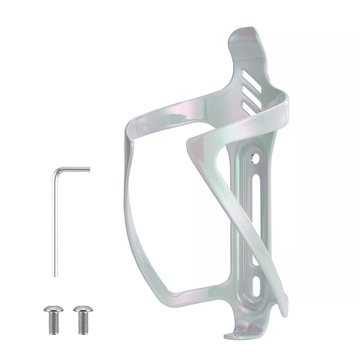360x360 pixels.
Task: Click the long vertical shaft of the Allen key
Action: pyautogui.click(x=55, y=225)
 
